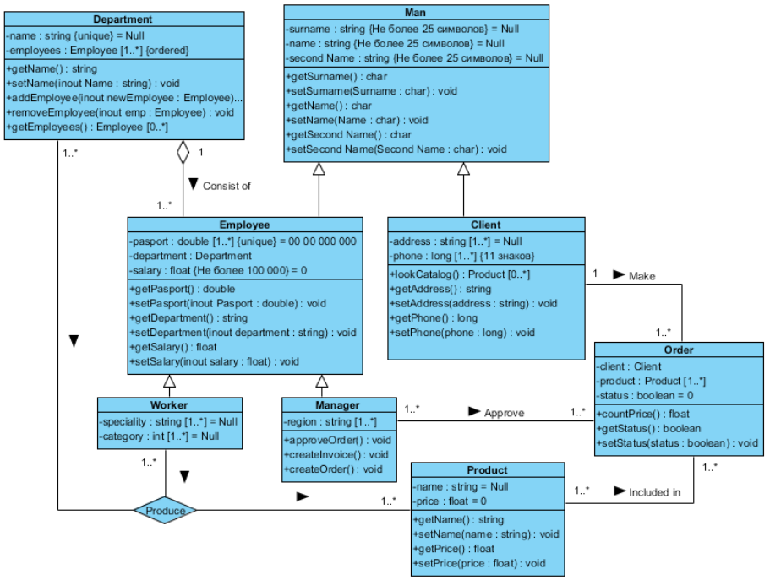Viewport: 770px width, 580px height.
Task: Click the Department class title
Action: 123,19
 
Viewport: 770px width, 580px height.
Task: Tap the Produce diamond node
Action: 165,510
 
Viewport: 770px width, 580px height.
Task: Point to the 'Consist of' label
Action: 227,186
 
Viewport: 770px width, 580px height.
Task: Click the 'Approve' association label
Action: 504,413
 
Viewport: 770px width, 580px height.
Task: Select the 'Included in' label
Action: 654,491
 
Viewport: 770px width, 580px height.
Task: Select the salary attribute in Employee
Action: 219,270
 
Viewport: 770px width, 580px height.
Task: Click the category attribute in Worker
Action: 161,436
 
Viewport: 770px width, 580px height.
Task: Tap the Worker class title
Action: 169,404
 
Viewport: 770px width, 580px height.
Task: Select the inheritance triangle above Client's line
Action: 463,169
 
